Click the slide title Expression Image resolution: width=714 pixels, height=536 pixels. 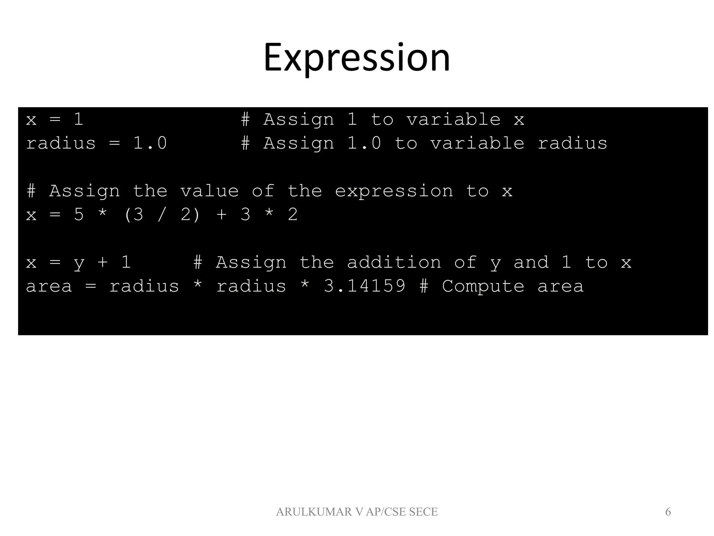pyautogui.click(x=357, y=58)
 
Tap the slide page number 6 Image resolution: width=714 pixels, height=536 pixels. pyautogui.click(x=668, y=512)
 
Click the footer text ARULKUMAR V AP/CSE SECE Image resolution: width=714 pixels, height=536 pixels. pyautogui.click(x=357, y=512)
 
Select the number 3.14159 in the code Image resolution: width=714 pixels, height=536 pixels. pyautogui.click(x=365, y=286)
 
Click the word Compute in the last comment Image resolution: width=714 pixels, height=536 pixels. pyautogui.click(x=483, y=286)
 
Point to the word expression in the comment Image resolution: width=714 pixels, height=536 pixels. pyautogui.click(x=394, y=191)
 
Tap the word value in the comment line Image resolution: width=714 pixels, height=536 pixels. pyautogui.click(x=209, y=191)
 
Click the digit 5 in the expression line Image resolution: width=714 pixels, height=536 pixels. pyautogui.click(x=79, y=215)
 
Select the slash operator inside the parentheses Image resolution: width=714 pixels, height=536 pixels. pyautogui.click(x=161, y=215)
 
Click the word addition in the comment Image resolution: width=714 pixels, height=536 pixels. pyautogui.click(x=394, y=262)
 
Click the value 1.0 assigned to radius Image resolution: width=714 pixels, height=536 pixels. pyautogui.click(x=150, y=143)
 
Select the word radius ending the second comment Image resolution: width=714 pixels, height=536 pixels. pyautogui.click(x=572, y=143)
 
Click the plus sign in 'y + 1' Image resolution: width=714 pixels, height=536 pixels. pyautogui.click(x=102, y=262)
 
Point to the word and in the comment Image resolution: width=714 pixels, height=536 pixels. pyautogui.click(x=531, y=262)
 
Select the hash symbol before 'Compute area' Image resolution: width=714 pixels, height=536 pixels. pyautogui.click(x=424, y=286)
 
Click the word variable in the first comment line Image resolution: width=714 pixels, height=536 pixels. pyautogui.click(x=453, y=120)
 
